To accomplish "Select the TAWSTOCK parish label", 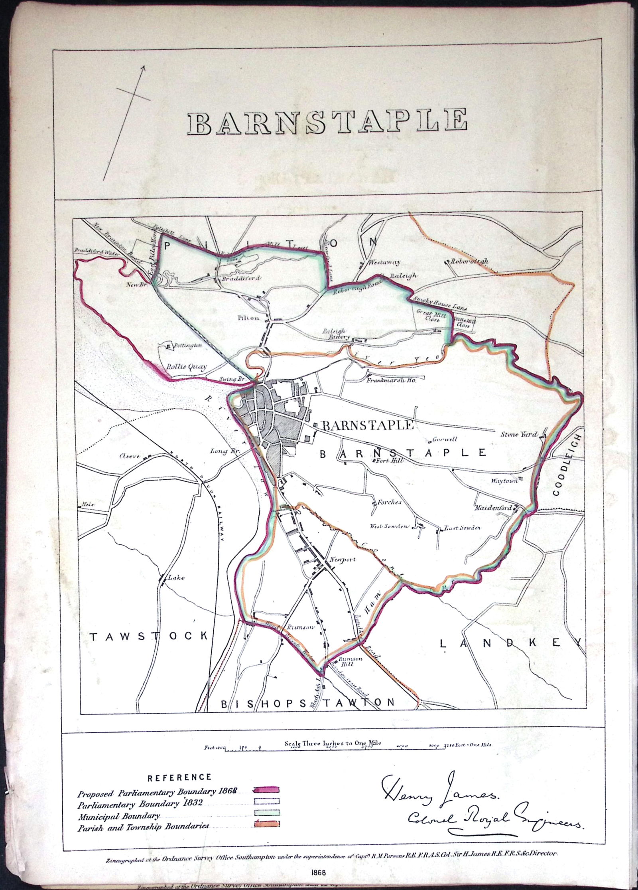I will coord(149,636).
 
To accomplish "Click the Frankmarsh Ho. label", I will coord(392,381).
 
